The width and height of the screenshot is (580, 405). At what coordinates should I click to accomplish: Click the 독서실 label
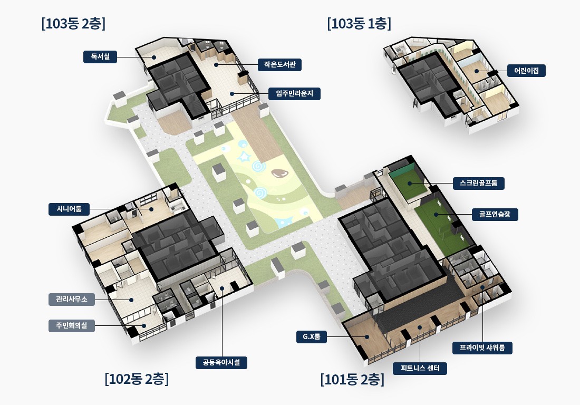click(x=100, y=57)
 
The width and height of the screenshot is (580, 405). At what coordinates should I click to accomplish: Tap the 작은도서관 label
click(x=279, y=65)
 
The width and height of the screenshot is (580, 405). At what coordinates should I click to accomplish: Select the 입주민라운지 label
click(x=294, y=93)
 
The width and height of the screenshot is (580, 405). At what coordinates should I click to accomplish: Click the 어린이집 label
click(x=527, y=71)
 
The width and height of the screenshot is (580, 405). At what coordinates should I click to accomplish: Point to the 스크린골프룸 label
click(x=479, y=183)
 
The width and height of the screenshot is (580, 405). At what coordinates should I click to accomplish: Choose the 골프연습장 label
click(x=495, y=214)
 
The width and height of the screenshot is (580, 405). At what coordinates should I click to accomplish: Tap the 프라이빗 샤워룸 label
click(x=482, y=348)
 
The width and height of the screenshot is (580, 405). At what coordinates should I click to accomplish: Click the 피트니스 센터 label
click(x=420, y=369)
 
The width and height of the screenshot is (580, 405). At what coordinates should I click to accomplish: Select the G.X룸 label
click(x=312, y=337)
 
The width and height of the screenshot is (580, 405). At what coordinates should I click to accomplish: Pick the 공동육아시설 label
click(x=221, y=362)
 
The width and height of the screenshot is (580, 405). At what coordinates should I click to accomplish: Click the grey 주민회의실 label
click(x=72, y=326)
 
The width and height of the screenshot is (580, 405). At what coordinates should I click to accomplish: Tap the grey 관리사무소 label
click(x=72, y=299)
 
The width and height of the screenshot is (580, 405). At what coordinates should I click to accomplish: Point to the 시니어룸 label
click(x=69, y=209)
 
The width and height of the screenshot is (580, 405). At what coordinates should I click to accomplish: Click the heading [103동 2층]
click(x=74, y=24)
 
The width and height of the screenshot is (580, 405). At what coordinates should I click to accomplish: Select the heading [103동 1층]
click(x=359, y=24)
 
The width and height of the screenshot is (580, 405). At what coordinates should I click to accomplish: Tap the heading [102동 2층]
click(x=137, y=379)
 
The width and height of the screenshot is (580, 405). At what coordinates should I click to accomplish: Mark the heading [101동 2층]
click(x=353, y=380)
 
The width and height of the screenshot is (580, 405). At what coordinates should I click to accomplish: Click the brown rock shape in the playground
click(x=278, y=173)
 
